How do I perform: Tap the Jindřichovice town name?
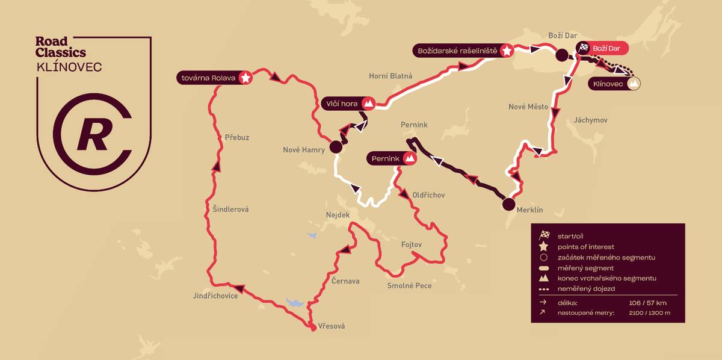pyautogui.click(x=216, y=296)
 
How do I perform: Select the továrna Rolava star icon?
pyautogui.click(x=245, y=78)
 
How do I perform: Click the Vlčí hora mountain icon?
pyautogui.click(x=369, y=104)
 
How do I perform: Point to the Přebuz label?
pyautogui.click(x=236, y=137)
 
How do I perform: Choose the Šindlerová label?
pyautogui.click(x=230, y=209)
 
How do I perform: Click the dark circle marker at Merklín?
pyautogui.click(x=509, y=203)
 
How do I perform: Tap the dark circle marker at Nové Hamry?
pyautogui.click(x=336, y=147)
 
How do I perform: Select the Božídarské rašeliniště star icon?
pyautogui.click(x=507, y=51)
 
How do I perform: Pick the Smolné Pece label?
pyautogui.click(x=409, y=285)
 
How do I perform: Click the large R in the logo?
pyautogui.click(x=93, y=135)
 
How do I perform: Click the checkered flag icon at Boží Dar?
pyautogui.click(x=583, y=48)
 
